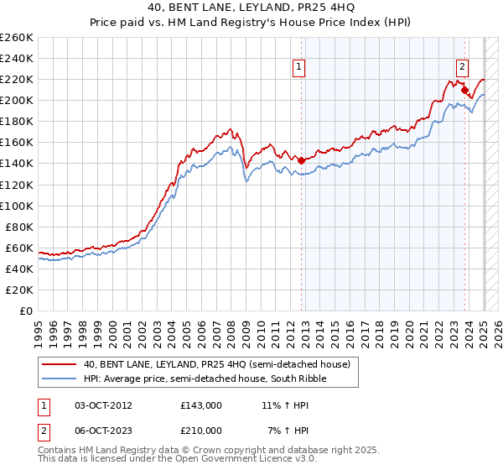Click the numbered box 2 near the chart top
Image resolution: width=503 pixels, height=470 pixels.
tap(462, 68)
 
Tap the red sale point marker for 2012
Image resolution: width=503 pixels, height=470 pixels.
tap(301, 159)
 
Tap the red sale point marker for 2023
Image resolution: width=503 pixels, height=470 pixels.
tap(464, 89)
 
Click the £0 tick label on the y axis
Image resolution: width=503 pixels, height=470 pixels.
tap(27, 311)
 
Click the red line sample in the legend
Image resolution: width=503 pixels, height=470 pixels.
tap(60, 363)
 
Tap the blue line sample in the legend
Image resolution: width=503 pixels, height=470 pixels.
tap(60, 379)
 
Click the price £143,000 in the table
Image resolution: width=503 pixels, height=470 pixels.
tap(200, 405)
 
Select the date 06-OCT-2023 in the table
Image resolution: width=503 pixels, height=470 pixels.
tap(103, 430)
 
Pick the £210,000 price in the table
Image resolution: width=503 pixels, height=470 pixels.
tap(200, 430)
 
